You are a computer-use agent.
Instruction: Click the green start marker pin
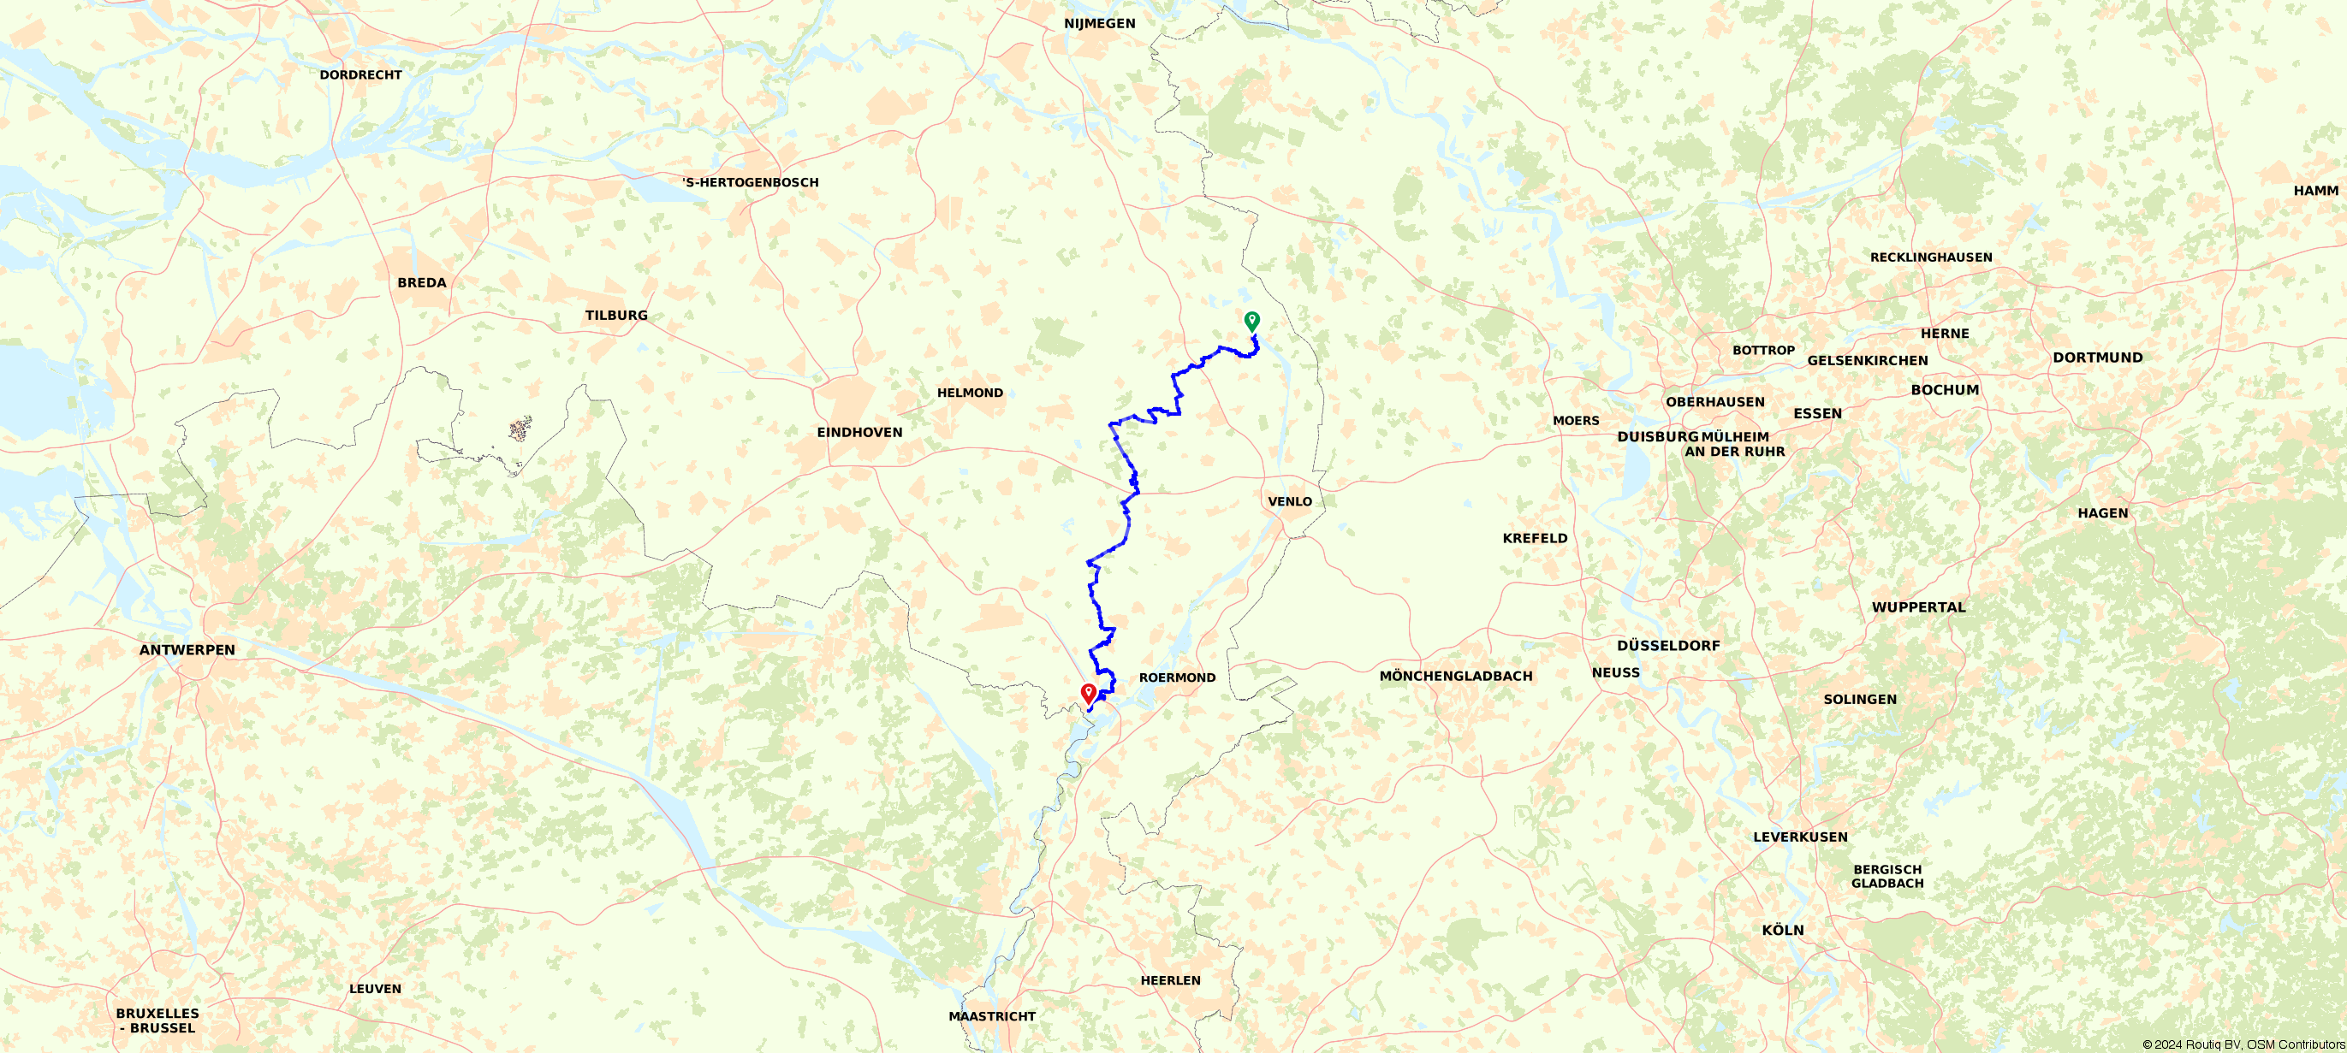tap(1252, 321)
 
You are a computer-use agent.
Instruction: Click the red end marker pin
tap(1088, 693)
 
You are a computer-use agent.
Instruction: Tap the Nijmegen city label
tap(1100, 24)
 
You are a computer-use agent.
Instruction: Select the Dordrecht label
tap(361, 74)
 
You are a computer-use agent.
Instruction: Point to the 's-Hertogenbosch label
tap(751, 182)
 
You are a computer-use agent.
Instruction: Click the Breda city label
tap(422, 282)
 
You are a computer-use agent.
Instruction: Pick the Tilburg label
tap(616, 315)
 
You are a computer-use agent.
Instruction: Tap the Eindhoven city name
tap(859, 433)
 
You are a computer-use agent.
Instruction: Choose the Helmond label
tap(970, 393)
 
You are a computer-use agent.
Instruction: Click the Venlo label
tap(1290, 502)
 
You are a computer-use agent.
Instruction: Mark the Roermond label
tap(1177, 677)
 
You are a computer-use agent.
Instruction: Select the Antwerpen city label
tap(187, 649)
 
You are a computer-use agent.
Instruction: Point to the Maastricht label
tap(992, 1016)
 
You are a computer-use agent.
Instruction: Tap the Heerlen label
tap(1171, 980)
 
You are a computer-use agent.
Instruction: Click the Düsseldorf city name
tap(1668, 646)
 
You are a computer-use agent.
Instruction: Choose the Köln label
tap(1783, 930)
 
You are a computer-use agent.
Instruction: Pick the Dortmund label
tap(2097, 358)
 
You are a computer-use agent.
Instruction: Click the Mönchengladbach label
tap(1456, 676)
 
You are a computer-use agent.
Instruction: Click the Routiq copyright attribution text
tap(2243, 1044)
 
